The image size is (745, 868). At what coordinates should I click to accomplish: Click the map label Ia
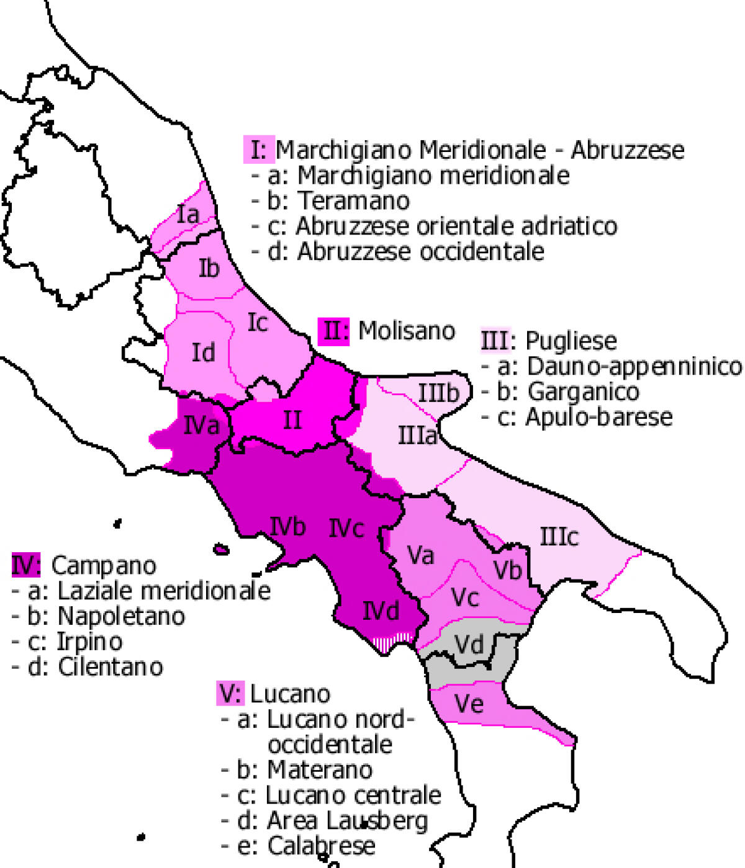pos(188,215)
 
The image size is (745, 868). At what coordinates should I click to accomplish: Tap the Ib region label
pos(209,268)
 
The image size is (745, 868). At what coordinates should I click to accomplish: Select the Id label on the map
pos(203,352)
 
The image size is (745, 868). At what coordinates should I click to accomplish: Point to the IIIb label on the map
pos(438,393)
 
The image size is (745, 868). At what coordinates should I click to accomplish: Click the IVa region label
pos(202,426)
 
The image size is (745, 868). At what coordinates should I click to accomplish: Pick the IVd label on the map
pos(381,612)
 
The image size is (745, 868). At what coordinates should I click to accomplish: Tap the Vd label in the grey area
pos(469,644)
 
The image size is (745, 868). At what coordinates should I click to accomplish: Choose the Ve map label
pos(469,704)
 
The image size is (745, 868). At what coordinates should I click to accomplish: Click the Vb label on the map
pos(507,570)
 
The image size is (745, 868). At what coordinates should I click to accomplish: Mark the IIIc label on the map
pos(559,537)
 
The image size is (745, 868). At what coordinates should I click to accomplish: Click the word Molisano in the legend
pos(407,331)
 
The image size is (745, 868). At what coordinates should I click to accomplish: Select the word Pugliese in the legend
pos(571,341)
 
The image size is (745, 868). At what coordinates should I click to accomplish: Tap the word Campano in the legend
pos(104,565)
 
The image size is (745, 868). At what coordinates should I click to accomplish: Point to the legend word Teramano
pos(354,200)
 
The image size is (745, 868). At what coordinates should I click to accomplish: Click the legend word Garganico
pos(583,391)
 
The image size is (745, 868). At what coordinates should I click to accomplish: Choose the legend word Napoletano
pos(121,616)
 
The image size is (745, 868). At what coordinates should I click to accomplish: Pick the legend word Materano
pos(320,770)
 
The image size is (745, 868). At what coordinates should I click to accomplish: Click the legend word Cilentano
pos(111,667)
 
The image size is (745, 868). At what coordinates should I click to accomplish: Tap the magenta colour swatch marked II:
pos(335,331)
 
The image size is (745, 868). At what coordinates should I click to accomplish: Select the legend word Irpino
pos(89,642)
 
